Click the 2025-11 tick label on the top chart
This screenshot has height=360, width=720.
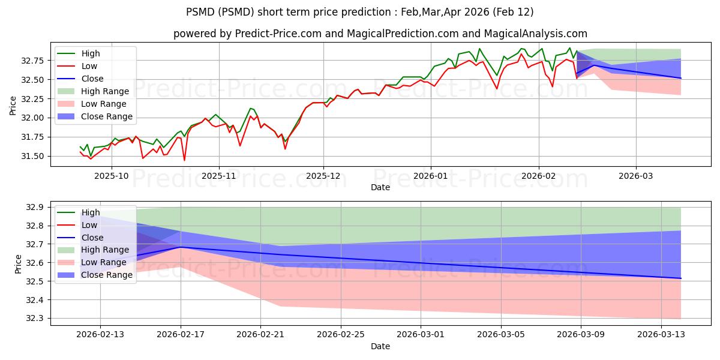218,176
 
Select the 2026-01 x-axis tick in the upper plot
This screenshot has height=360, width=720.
430,176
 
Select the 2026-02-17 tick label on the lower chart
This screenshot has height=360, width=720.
181,335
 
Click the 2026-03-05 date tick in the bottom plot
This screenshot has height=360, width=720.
501,335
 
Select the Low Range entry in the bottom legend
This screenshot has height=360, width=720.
104,262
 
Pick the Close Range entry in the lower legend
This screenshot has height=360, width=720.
107,275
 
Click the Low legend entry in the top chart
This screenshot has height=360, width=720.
89,66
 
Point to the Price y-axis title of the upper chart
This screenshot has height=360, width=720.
13,106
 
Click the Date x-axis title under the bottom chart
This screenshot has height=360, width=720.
380,346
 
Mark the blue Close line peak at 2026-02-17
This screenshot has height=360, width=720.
181,247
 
